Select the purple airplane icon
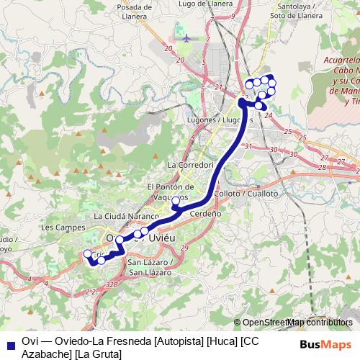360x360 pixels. pos(186,37)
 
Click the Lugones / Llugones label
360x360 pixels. pos(212,119)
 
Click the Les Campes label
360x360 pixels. pos(58,227)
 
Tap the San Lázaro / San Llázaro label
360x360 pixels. pos(148,267)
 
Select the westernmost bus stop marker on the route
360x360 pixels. pos(88,253)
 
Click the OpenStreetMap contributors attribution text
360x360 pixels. pos(297,322)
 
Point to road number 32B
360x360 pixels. pos(111,284)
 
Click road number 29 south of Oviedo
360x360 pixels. pos(184,248)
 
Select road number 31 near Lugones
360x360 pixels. pos(248,146)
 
